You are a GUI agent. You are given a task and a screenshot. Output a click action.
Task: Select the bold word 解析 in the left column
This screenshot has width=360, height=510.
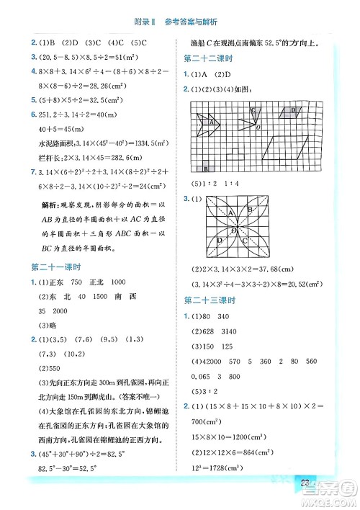(x=42, y=207)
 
